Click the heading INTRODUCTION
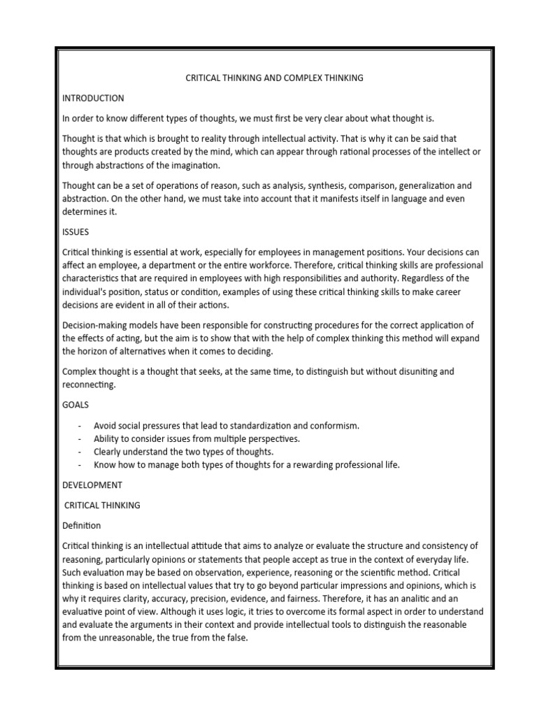tap(93, 98)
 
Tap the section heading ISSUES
tap(76, 231)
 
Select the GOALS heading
tap(76, 405)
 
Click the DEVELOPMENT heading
tap(92, 485)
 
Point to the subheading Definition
tap(82, 525)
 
